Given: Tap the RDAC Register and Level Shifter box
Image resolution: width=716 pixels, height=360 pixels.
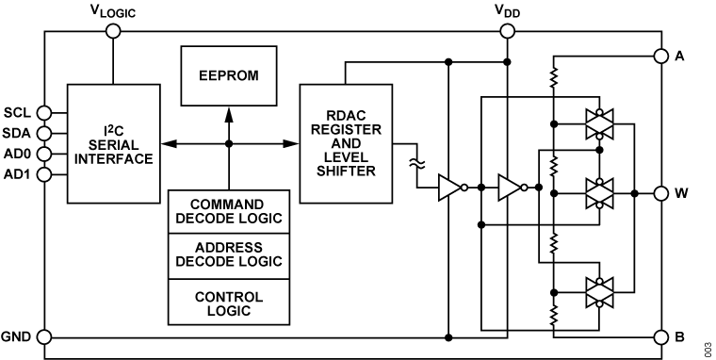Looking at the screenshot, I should tap(346, 143).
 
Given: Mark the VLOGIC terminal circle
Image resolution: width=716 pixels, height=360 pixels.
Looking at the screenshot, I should tap(114, 31).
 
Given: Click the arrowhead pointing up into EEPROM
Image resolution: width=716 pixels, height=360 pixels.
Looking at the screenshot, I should tap(228, 111).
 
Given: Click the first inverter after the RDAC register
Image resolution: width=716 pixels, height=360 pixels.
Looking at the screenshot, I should tap(451, 188).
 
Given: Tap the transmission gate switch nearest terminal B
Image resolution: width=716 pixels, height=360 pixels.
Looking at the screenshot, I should tap(599, 292).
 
